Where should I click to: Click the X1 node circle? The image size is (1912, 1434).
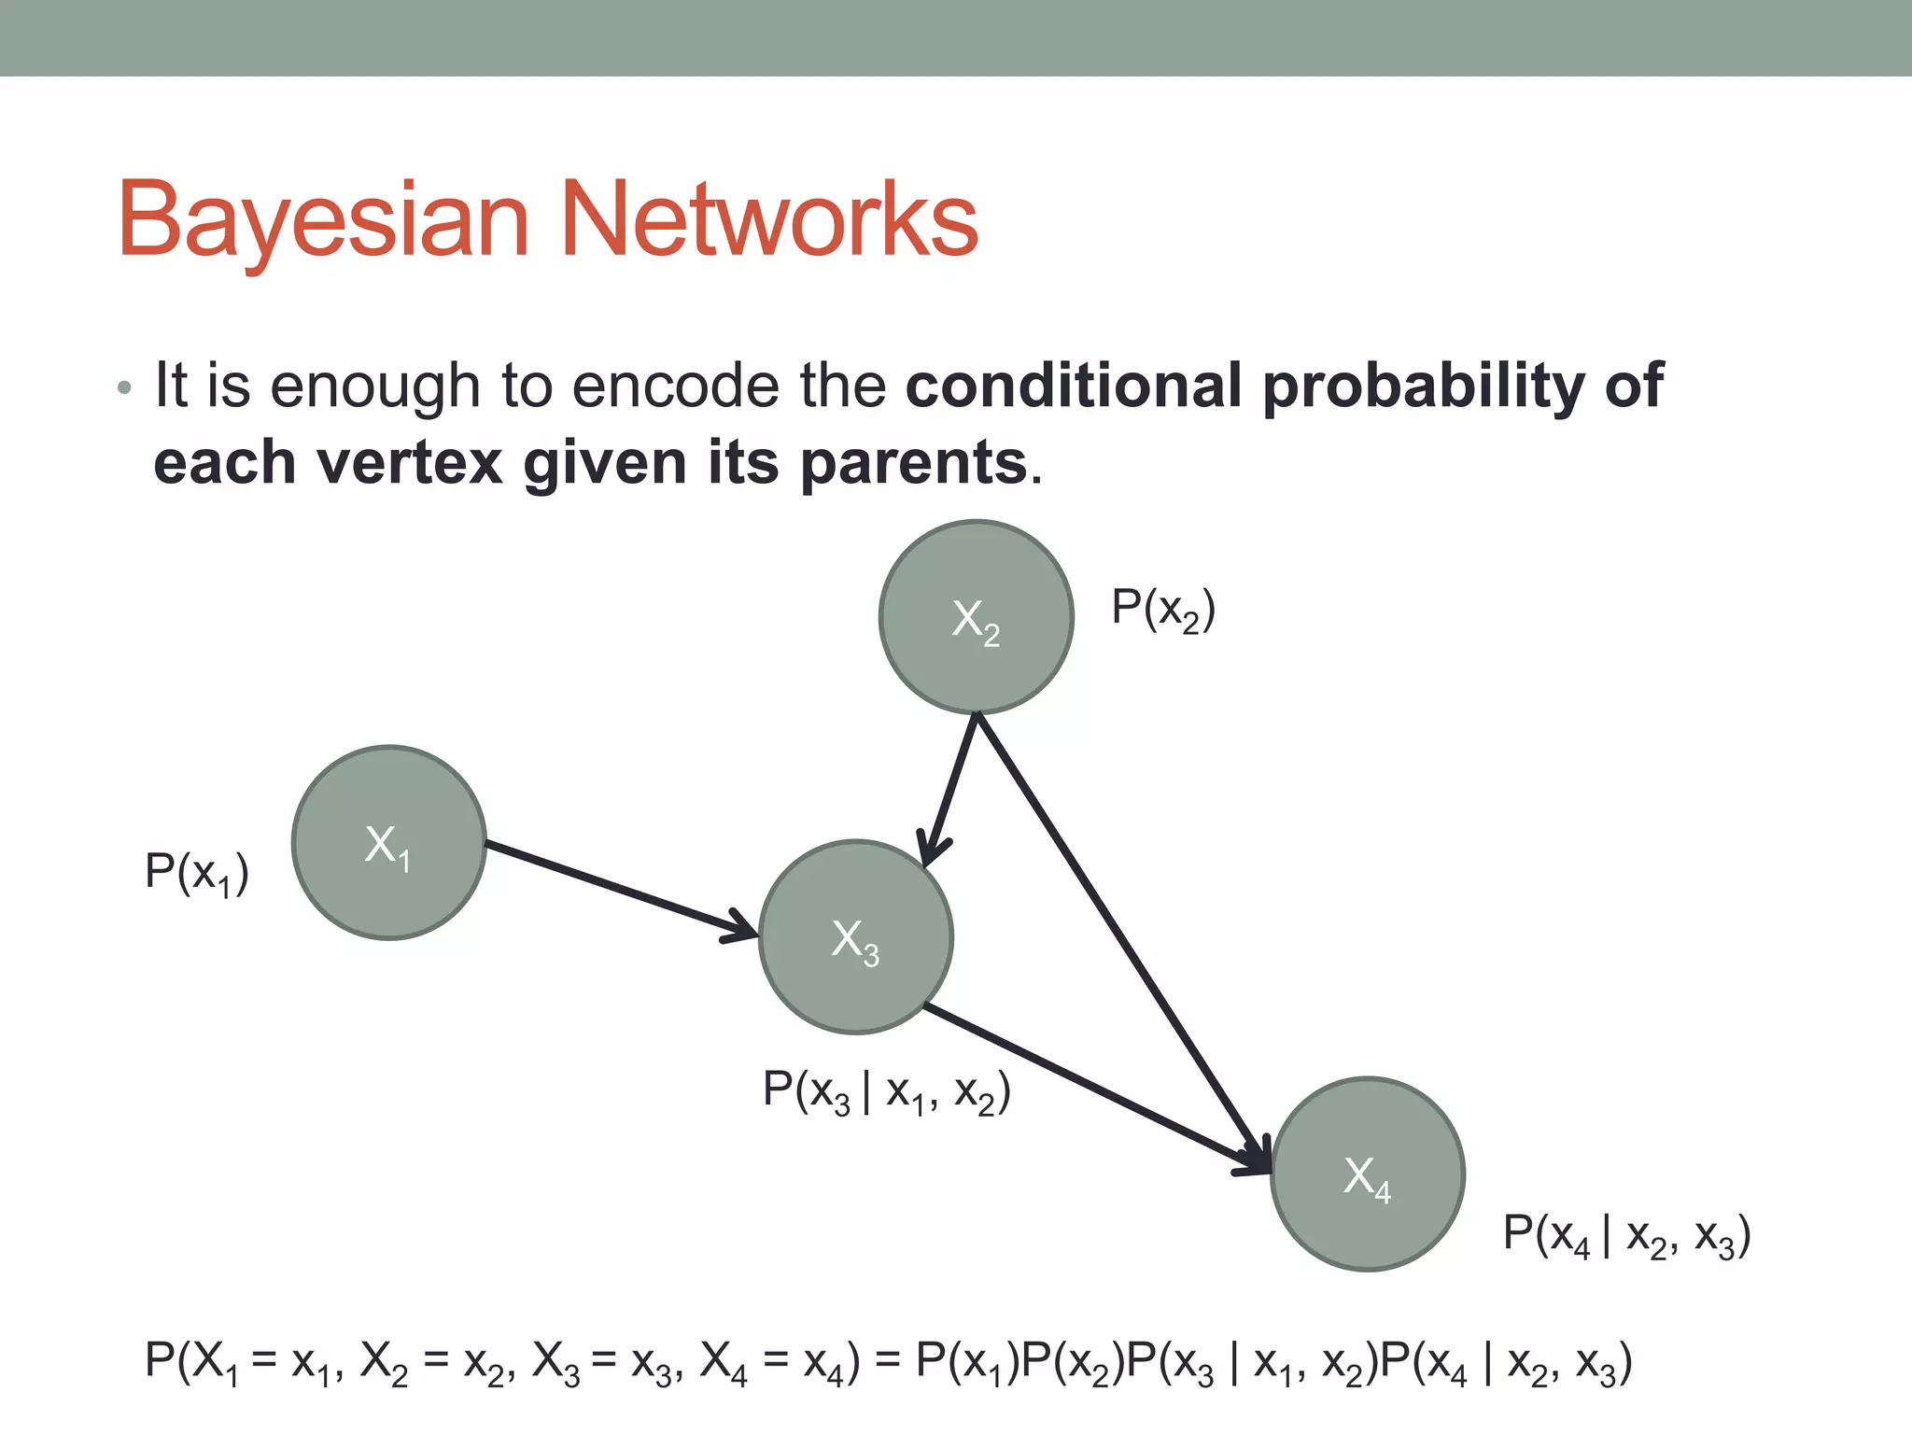pos(388,842)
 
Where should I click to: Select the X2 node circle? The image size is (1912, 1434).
pos(976,617)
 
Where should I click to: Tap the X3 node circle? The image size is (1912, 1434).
pos(855,937)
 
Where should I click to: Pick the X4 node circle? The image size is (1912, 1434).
pos(1367,1174)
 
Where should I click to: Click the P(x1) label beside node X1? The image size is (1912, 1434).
pos(197,873)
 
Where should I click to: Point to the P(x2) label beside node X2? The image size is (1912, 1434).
pos(1162,610)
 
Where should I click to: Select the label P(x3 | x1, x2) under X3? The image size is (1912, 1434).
pos(886,1090)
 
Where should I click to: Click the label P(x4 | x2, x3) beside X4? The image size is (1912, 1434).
pos(1625,1235)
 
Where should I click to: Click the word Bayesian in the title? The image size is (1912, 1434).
pos(323,220)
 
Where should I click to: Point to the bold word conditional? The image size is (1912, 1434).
pos(1073,385)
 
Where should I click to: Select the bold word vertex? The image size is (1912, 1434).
pos(411,462)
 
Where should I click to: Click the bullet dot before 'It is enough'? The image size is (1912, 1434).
pos(125,387)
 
